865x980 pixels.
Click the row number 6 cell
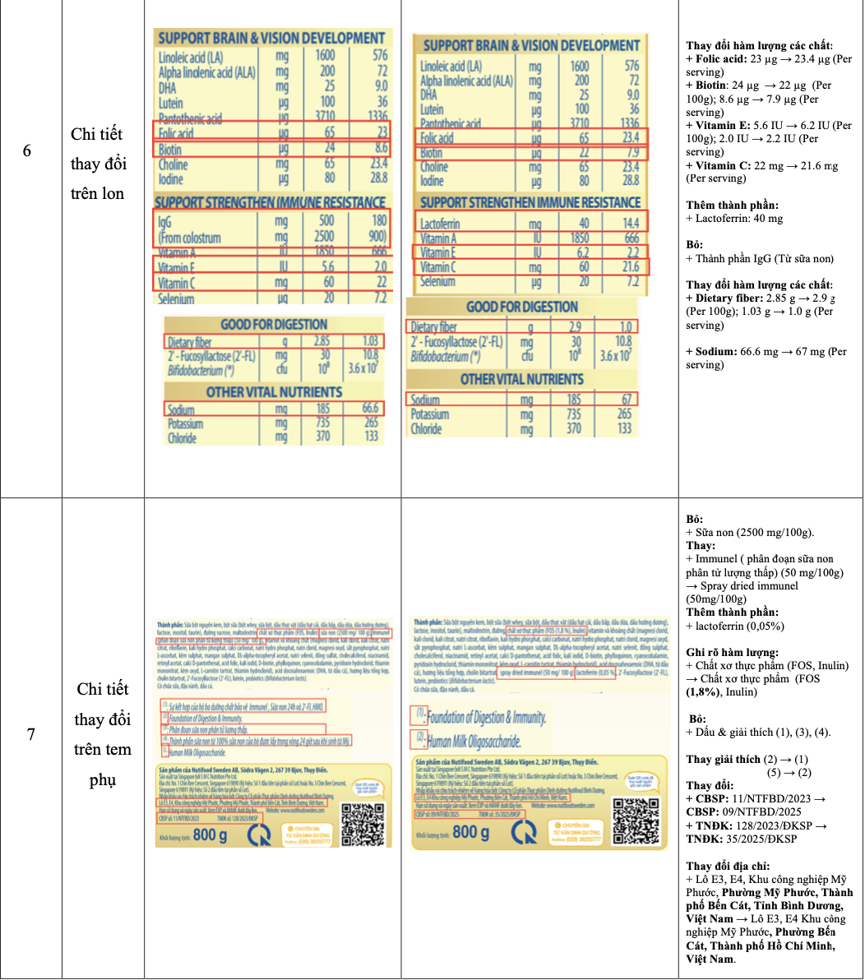point(27,151)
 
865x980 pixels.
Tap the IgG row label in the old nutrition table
point(169,221)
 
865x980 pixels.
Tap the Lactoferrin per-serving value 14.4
point(631,224)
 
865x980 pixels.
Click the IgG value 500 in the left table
point(326,220)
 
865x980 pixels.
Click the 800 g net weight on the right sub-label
point(470,832)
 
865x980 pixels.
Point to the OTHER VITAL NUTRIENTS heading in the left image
point(274,392)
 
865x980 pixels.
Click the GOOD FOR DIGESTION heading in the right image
point(521,307)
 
